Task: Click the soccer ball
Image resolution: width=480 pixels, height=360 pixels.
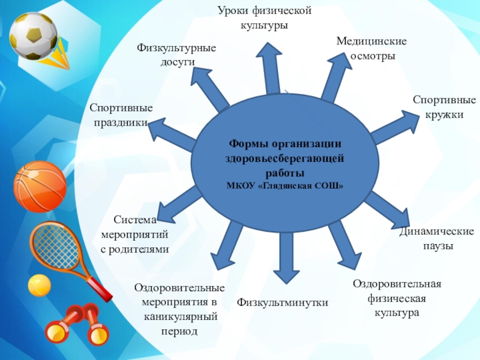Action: pyautogui.click(x=34, y=36)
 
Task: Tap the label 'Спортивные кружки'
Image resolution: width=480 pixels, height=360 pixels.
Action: pyautogui.click(x=444, y=107)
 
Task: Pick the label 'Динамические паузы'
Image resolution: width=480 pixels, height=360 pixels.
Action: pyautogui.click(x=436, y=239)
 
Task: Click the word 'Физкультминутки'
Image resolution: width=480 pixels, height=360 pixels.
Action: pyautogui.click(x=283, y=302)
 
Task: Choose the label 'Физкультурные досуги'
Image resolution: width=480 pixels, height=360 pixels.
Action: pyautogui.click(x=176, y=55)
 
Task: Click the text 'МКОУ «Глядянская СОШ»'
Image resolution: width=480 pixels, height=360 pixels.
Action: pyautogui.click(x=285, y=185)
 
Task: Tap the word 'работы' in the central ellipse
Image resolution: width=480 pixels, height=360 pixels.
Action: pyautogui.click(x=285, y=173)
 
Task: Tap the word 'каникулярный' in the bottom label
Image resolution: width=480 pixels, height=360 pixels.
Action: pyautogui.click(x=180, y=316)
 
